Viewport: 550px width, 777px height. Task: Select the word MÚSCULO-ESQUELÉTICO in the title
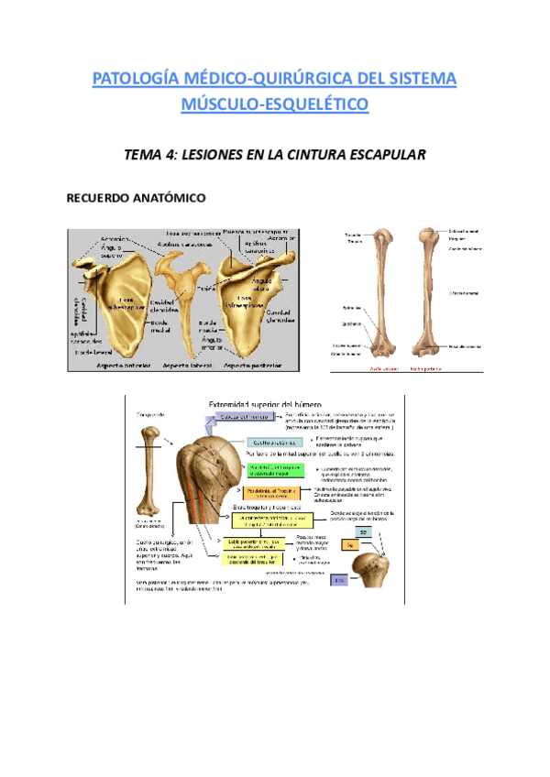pyautogui.click(x=275, y=105)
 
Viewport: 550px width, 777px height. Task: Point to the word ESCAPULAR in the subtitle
pyautogui.click(x=381, y=155)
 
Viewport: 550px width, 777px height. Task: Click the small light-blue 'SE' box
pyautogui.click(x=362, y=533)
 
